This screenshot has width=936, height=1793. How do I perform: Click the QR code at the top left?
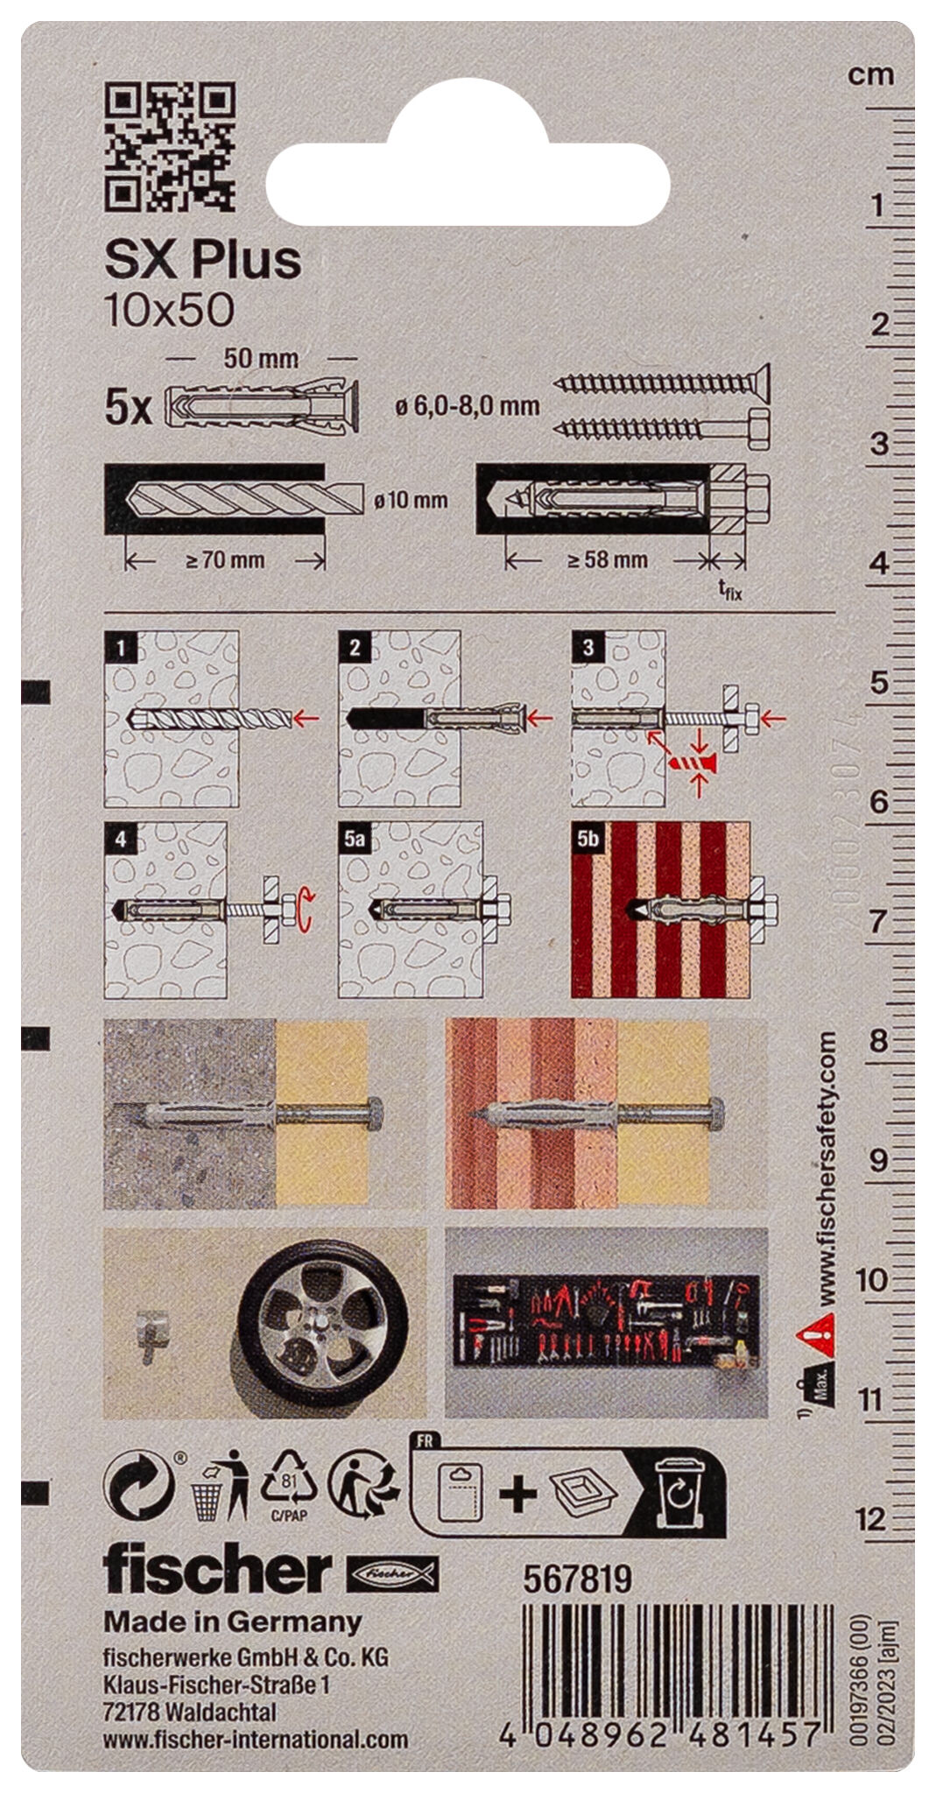(x=170, y=147)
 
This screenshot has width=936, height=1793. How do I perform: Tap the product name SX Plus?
(x=202, y=259)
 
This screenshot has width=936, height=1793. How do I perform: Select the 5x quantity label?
(x=128, y=408)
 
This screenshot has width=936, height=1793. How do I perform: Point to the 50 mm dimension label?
(x=261, y=358)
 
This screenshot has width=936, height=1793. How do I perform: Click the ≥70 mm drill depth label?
(x=225, y=560)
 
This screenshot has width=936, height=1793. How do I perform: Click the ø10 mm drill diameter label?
(x=410, y=501)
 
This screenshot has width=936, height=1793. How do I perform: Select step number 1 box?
(x=119, y=647)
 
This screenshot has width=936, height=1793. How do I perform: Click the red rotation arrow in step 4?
(x=303, y=909)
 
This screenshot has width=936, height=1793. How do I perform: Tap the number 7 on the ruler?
(x=876, y=922)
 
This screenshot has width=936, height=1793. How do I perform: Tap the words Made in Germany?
(x=233, y=1621)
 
